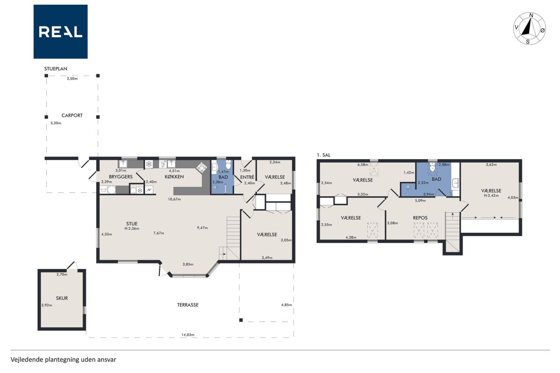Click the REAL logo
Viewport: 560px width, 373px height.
(x=60, y=32)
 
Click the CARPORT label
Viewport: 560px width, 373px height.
(x=72, y=115)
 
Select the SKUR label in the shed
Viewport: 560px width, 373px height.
(x=62, y=298)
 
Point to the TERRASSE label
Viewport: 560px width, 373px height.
(x=188, y=305)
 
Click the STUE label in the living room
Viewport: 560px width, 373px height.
(x=132, y=223)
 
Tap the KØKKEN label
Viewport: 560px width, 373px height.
(x=174, y=177)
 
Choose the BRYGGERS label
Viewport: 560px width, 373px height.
(x=121, y=177)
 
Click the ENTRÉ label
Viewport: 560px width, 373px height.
(x=247, y=177)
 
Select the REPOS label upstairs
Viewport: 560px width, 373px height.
(x=420, y=218)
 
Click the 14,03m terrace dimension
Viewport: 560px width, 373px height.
(x=188, y=335)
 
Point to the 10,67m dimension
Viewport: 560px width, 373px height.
(x=174, y=199)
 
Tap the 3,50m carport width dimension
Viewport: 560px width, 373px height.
(x=72, y=78)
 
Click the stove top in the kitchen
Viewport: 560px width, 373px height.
(x=202, y=167)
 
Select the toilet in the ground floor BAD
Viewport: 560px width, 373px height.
(x=228, y=164)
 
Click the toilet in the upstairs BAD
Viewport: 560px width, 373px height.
(x=433, y=167)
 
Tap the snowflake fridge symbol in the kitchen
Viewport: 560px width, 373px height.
(x=149, y=164)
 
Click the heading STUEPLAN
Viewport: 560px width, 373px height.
(x=56, y=69)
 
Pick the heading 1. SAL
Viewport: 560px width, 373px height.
(x=323, y=155)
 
